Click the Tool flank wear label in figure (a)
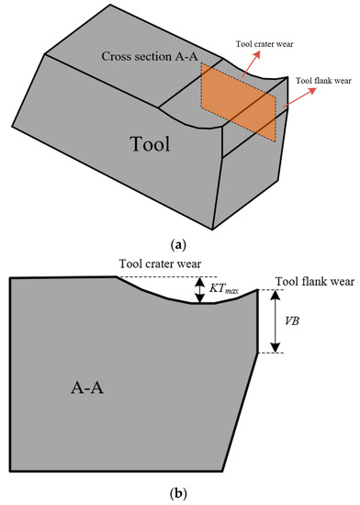[322, 81]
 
